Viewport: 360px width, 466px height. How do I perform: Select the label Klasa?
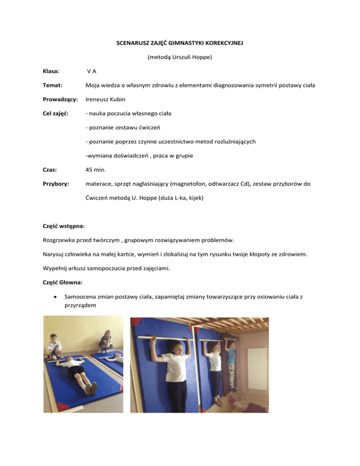(x=52, y=71)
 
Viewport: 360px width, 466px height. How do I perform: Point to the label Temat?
(x=52, y=86)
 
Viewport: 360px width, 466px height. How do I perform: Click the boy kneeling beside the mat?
(x=54, y=347)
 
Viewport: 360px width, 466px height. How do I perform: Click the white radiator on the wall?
(x=256, y=368)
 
